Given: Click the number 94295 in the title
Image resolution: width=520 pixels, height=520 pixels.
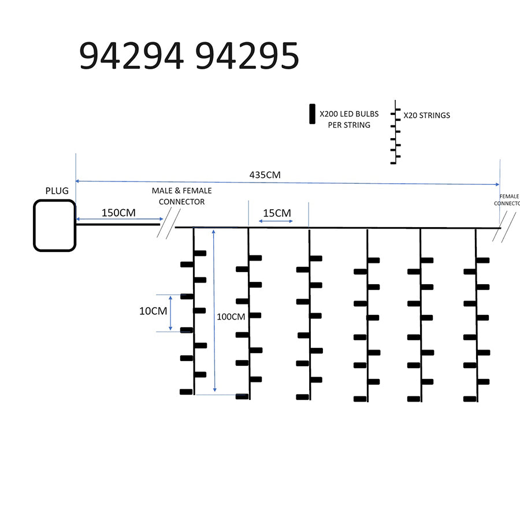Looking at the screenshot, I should (247, 57).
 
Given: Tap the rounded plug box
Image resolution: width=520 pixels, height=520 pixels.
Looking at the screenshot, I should (54, 225).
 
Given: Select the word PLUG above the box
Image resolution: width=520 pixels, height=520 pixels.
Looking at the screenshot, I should (57, 191).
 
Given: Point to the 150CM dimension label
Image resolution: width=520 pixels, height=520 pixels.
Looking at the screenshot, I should (118, 212).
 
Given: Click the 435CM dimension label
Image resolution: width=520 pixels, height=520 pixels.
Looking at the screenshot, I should (265, 174).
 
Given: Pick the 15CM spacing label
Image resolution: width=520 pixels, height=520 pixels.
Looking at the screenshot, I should (277, 213).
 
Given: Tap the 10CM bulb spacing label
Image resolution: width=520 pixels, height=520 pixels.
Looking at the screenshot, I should (153, 311).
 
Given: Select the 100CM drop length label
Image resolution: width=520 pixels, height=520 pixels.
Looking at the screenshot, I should (231, 317).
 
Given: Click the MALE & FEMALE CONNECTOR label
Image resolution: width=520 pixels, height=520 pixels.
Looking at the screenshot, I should (181, 196).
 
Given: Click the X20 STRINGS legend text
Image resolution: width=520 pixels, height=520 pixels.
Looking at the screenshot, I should (426, 115).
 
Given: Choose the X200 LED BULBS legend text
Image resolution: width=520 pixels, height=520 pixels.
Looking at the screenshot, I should (349, 120).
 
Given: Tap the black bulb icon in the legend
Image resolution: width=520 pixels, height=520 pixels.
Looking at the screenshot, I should (312, 114).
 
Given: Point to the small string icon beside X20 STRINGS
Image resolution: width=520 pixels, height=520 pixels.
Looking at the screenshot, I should (395, 133).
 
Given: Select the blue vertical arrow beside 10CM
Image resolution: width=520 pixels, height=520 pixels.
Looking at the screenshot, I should (170, 313).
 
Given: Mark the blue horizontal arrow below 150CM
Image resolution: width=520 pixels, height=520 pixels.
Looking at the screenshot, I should (118, 220).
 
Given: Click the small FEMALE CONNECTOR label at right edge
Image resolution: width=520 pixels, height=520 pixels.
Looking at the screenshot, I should (507, 200).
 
